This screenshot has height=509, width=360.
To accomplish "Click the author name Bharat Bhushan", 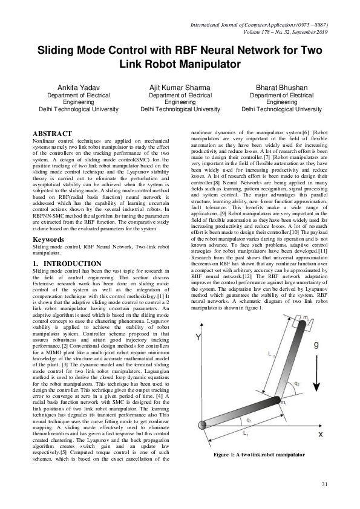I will click(281, 88).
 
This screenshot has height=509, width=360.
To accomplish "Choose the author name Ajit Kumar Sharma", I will click(180, 88).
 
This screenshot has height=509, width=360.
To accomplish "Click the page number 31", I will click(324, 484).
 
